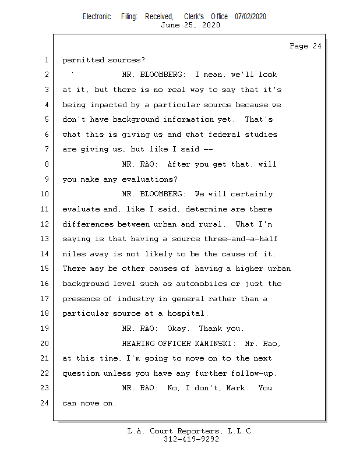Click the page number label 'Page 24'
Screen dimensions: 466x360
tap(305, 46)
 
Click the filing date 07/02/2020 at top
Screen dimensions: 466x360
tap(250, 16)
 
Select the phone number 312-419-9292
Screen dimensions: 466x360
tap(191, 439)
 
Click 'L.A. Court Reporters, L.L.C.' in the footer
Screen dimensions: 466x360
tap(190, 431)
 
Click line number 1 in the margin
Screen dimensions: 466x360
tap(46, 60)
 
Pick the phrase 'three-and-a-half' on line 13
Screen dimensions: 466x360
tap(241, 239)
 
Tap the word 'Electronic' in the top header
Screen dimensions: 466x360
tap(97, 16)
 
